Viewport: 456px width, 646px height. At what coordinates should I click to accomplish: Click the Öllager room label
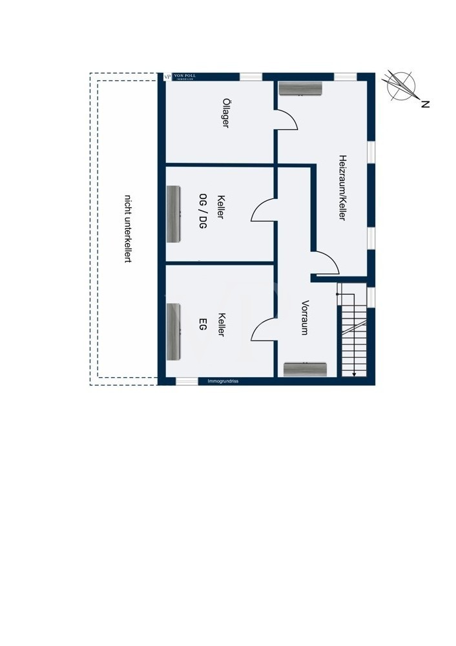tap(225, 113)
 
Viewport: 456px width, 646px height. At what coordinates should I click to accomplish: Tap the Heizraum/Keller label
tap(342, 187)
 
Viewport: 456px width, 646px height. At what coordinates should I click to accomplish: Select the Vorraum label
tap(305, 317)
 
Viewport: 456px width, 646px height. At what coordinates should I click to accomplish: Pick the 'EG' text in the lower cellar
tap(202, 324)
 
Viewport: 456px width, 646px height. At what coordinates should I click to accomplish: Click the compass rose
tap(399, 86)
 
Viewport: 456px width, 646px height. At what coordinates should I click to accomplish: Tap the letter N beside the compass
tap(425, 104)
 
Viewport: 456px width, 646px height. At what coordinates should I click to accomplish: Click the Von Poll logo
tap(180, 77)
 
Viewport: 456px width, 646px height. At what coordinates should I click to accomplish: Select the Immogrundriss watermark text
tap(223, 381)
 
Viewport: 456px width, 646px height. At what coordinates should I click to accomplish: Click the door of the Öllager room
tap(285, 120)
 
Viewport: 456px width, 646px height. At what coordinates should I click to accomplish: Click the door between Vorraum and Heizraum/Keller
tap(327, 262)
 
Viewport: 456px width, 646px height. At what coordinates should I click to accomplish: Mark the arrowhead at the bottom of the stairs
tap(354, 373)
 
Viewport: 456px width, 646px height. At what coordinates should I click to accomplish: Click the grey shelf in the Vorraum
tap(305, 369)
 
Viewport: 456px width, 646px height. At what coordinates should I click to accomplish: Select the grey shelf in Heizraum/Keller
tap(300, 89)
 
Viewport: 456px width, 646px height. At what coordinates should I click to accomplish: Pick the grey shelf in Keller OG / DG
tap(173, 214)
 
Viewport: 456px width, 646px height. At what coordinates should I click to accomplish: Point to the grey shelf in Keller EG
tap(173, 331)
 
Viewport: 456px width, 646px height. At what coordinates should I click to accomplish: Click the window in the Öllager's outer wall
tap(251, 77)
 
